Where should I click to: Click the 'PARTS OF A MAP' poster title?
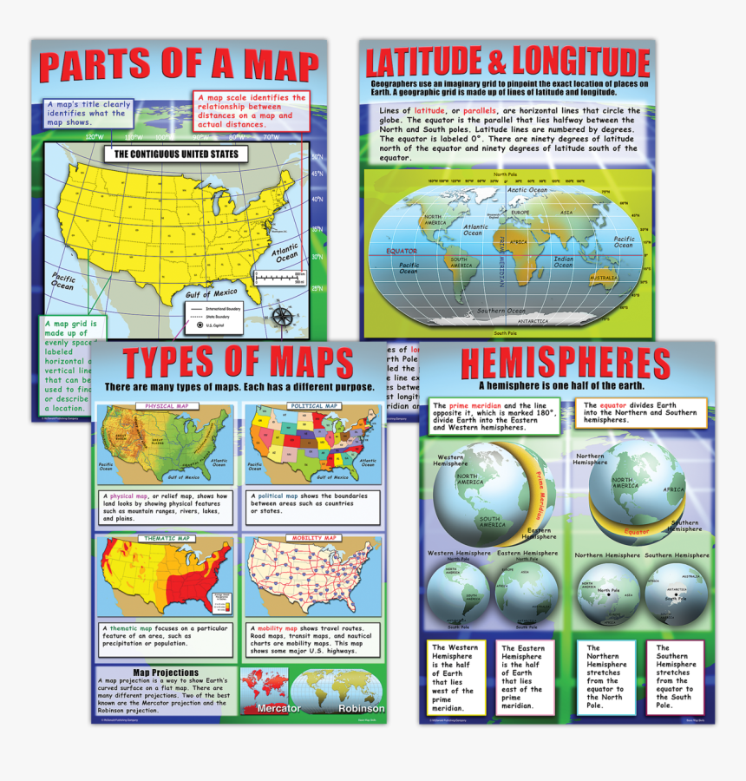click(180, 68)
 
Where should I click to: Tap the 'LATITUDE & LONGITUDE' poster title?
click(507, 62)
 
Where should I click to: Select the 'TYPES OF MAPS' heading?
click(237, 363)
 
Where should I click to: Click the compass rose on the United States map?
click(282, 317)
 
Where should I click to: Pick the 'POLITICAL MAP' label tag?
click(313, 406)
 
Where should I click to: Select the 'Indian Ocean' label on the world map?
click(564, 261)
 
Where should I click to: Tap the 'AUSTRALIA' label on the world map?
click(604, 278)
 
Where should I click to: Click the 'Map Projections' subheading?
click(166, 672)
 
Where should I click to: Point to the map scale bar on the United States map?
click(281, 278)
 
